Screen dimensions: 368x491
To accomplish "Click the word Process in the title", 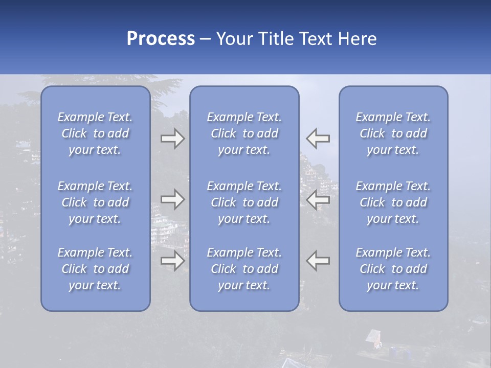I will coord(161,39).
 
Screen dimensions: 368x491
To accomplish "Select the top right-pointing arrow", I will coord(173,139).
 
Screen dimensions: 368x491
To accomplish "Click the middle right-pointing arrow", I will coord(173,199).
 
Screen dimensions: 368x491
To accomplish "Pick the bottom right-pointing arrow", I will coord(173,261).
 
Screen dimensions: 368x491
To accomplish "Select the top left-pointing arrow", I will coord(318,139).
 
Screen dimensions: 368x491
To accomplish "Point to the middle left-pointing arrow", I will coord(318,199).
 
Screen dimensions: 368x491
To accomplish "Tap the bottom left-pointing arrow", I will coord(318,261).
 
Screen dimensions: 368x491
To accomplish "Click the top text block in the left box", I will coord(95,133).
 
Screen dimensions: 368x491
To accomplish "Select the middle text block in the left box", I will coord(95,202).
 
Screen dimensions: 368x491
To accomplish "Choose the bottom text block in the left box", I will coord(95,269).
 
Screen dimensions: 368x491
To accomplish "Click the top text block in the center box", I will coord(244,133).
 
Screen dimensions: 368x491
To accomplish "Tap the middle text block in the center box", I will coord(244,202).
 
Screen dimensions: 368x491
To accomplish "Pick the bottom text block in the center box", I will coord(244,269).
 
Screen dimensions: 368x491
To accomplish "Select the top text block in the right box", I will coord(393,133).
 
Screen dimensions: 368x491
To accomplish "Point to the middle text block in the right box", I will coord(393,202).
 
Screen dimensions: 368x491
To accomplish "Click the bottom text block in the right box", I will coord(393,269).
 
